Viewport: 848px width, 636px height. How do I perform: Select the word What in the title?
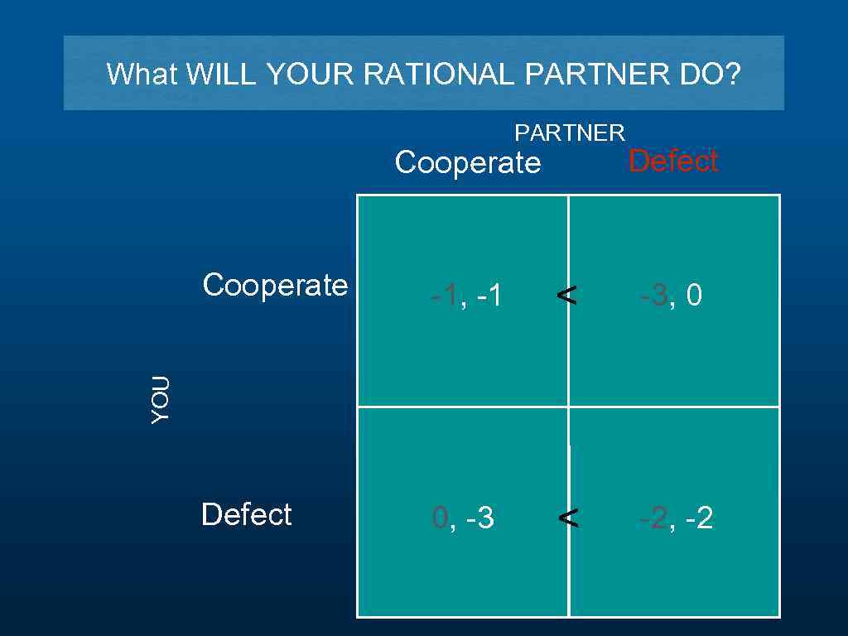click(x=142, y=75)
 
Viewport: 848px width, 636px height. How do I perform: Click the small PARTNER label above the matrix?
click(x=570, y=132)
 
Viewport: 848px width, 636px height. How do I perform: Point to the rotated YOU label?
click(x=161, y=400)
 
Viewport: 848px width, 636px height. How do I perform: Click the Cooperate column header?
click(x=468, y=163)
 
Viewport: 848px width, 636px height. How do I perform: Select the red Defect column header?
click(x=672, y=161)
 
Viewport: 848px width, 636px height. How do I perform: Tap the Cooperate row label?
click(x=275, y=285)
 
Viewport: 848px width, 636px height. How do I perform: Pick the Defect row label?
click(x=246, y=514)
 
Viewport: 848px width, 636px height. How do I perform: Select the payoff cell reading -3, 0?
click(x=671, y=296)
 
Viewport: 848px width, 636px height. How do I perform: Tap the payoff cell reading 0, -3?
click(x=464, y=519)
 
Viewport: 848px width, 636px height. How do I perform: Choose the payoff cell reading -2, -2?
click(x=676, y=519)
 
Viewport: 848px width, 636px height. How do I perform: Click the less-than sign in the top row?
click(x=567, y=294)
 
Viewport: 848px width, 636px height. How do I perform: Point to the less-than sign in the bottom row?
click(x=568, y=518)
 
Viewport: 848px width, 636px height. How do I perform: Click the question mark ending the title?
click(x=733, y=75)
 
